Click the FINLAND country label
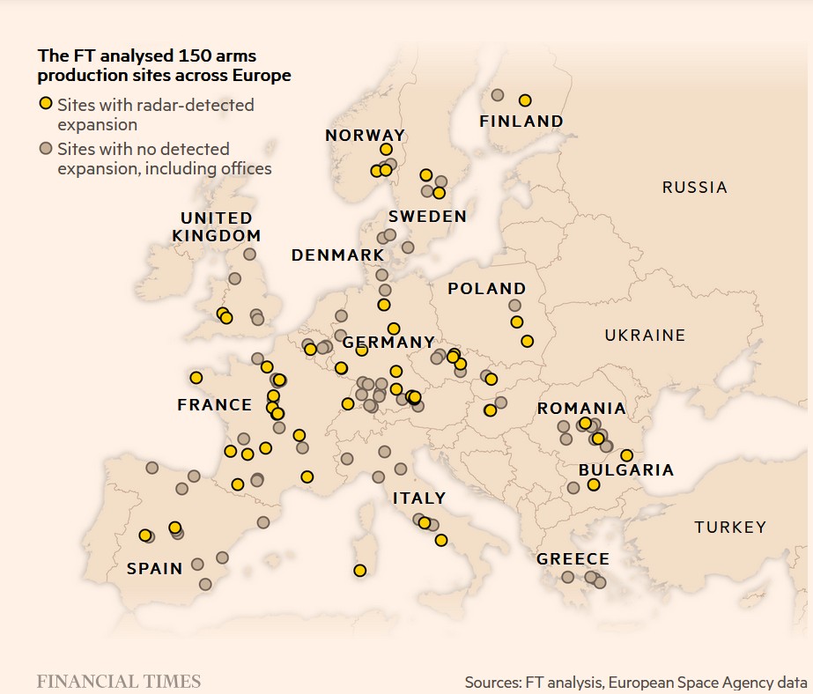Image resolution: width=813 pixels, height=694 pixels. point(521,122)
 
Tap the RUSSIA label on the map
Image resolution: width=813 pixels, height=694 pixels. point(694,187)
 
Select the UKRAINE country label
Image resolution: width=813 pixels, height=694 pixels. point(645,335)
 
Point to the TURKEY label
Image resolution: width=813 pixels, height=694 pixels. point(730,528)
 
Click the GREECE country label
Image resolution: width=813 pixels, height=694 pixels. point(573,559)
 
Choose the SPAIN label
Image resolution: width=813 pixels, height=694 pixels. point(155,568)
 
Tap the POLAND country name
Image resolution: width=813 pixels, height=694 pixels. point(486,289)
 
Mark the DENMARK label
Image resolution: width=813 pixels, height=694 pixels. point(337,255)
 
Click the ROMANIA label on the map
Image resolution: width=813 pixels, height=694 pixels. point(581,409)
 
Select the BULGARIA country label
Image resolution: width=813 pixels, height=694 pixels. point(625,470)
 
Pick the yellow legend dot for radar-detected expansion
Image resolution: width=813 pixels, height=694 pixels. point(46,105)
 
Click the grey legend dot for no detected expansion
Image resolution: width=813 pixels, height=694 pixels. point(46,149)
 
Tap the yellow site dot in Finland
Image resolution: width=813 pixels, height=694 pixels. point(525,100)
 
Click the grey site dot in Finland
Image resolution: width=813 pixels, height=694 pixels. point(497,95)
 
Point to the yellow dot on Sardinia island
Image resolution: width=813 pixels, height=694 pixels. point(359,570)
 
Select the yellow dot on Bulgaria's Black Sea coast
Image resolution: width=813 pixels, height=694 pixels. point(626,455)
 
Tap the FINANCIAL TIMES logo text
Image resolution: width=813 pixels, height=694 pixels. point(119,681)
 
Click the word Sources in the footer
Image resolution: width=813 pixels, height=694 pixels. point(491,682)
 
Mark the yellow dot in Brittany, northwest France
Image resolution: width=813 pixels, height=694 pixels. point(196,377)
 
